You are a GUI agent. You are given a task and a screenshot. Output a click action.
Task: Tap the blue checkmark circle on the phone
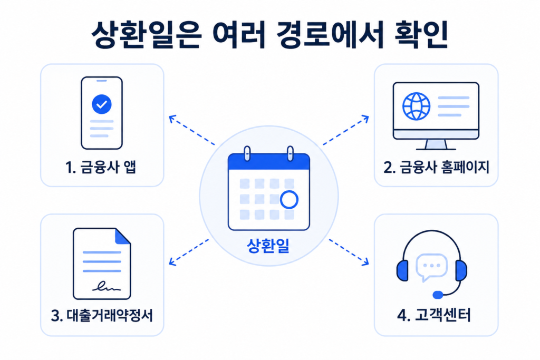[x=102, y=104]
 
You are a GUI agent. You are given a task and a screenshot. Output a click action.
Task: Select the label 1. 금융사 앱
[x=101, y=167]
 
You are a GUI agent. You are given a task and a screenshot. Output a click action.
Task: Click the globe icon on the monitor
[x=417, y=106]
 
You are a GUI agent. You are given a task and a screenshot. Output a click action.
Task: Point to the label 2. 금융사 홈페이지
[x=436, y=167]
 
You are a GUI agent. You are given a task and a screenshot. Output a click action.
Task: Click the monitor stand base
[x=436, y=149]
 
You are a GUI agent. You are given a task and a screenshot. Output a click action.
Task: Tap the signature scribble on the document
[x=107, y=286]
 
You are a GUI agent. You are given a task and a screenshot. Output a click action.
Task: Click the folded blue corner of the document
[x=122, y=236]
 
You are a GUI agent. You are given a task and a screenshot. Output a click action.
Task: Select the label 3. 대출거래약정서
[x=102, y=315]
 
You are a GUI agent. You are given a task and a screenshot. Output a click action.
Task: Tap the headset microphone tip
[x=438, y=295]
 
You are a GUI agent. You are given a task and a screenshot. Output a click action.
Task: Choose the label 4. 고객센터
[x=434, y=315]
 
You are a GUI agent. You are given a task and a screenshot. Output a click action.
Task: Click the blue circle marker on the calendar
[x=289, y=200]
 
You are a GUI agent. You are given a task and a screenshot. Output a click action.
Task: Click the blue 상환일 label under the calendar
[x=268, y=246]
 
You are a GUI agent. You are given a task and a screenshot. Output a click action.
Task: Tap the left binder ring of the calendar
[x=247, y=153]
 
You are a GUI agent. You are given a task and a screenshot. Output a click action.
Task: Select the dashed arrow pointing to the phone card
[x=191, y=130]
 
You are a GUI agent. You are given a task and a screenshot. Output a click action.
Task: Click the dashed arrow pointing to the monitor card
[x=346, y=130]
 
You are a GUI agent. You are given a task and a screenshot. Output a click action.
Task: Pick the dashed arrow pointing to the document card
[x=189, y=252]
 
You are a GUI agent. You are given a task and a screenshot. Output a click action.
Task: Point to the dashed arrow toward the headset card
[x=349, y=252]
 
